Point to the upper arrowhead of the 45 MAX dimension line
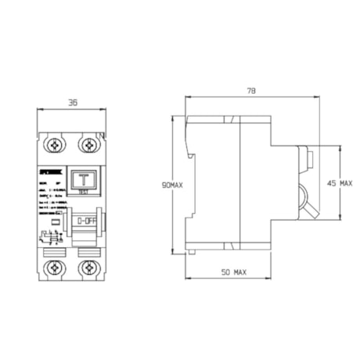340,147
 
